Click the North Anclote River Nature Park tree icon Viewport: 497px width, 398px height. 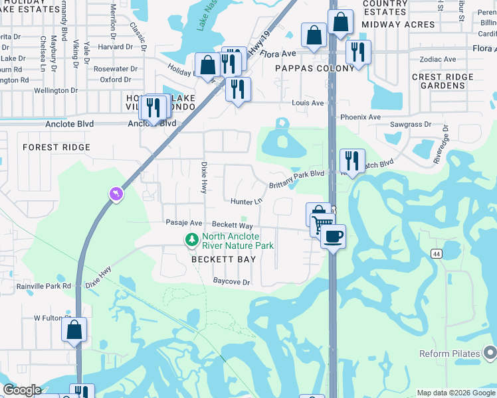[x=192, y=239]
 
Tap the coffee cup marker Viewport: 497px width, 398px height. [x=333, y=235]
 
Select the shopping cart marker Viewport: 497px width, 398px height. [x=322, y=224]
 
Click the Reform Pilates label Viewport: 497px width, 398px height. [x=450, y=354]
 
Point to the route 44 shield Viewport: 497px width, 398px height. [x=436, y=254]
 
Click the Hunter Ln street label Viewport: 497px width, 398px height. [x=247, y=201]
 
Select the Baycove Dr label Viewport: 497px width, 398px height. [x=231, y=282]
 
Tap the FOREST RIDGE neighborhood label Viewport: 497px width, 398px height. [x=56, y=147]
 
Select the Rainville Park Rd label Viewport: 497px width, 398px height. [x=44, y=287]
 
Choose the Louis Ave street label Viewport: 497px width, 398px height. [x=308, y=103]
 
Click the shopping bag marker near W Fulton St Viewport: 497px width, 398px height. [x=74, y=328]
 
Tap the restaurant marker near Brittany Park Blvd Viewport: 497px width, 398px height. [x=352, y=161]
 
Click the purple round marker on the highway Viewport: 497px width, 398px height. [x=116, y=194]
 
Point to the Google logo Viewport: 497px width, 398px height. [x=23, y=390]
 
